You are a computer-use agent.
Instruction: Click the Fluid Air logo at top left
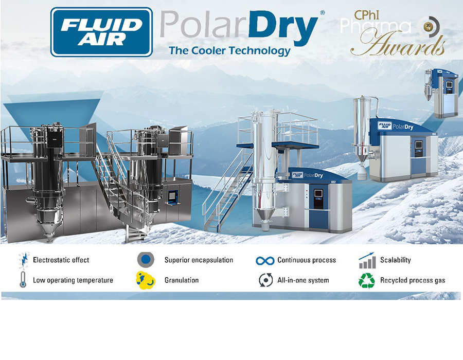coord(101,32)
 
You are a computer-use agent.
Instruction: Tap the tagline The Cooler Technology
coord(229,50)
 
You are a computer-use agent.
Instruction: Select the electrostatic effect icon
coord(23,260)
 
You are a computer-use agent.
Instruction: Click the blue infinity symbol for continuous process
coord(265,260)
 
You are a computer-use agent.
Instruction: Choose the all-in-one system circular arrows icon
coord(265,280)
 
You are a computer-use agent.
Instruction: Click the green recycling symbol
coord(367,280)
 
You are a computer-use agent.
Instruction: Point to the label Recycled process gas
coord(413,280)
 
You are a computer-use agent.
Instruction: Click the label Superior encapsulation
coord(199,260)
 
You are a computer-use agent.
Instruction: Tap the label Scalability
coord(396,260)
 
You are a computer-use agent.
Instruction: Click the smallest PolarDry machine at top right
coord(441,93)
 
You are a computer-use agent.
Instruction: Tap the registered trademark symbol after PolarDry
coord(322,12)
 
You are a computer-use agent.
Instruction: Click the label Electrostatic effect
coord(61,260)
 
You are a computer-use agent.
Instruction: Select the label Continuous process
coord(307,260)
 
